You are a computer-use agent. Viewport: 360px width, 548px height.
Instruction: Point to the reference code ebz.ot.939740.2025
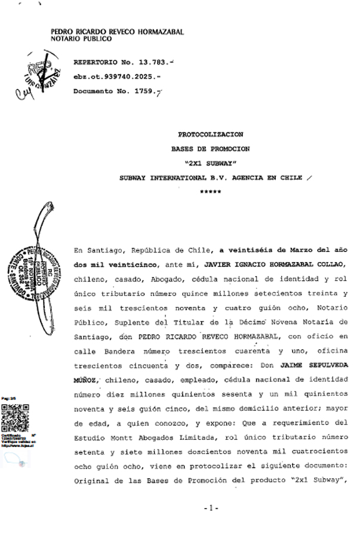116,76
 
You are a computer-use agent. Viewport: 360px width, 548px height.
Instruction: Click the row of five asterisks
210,192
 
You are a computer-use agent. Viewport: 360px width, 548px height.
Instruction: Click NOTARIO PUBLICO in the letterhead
81,38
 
